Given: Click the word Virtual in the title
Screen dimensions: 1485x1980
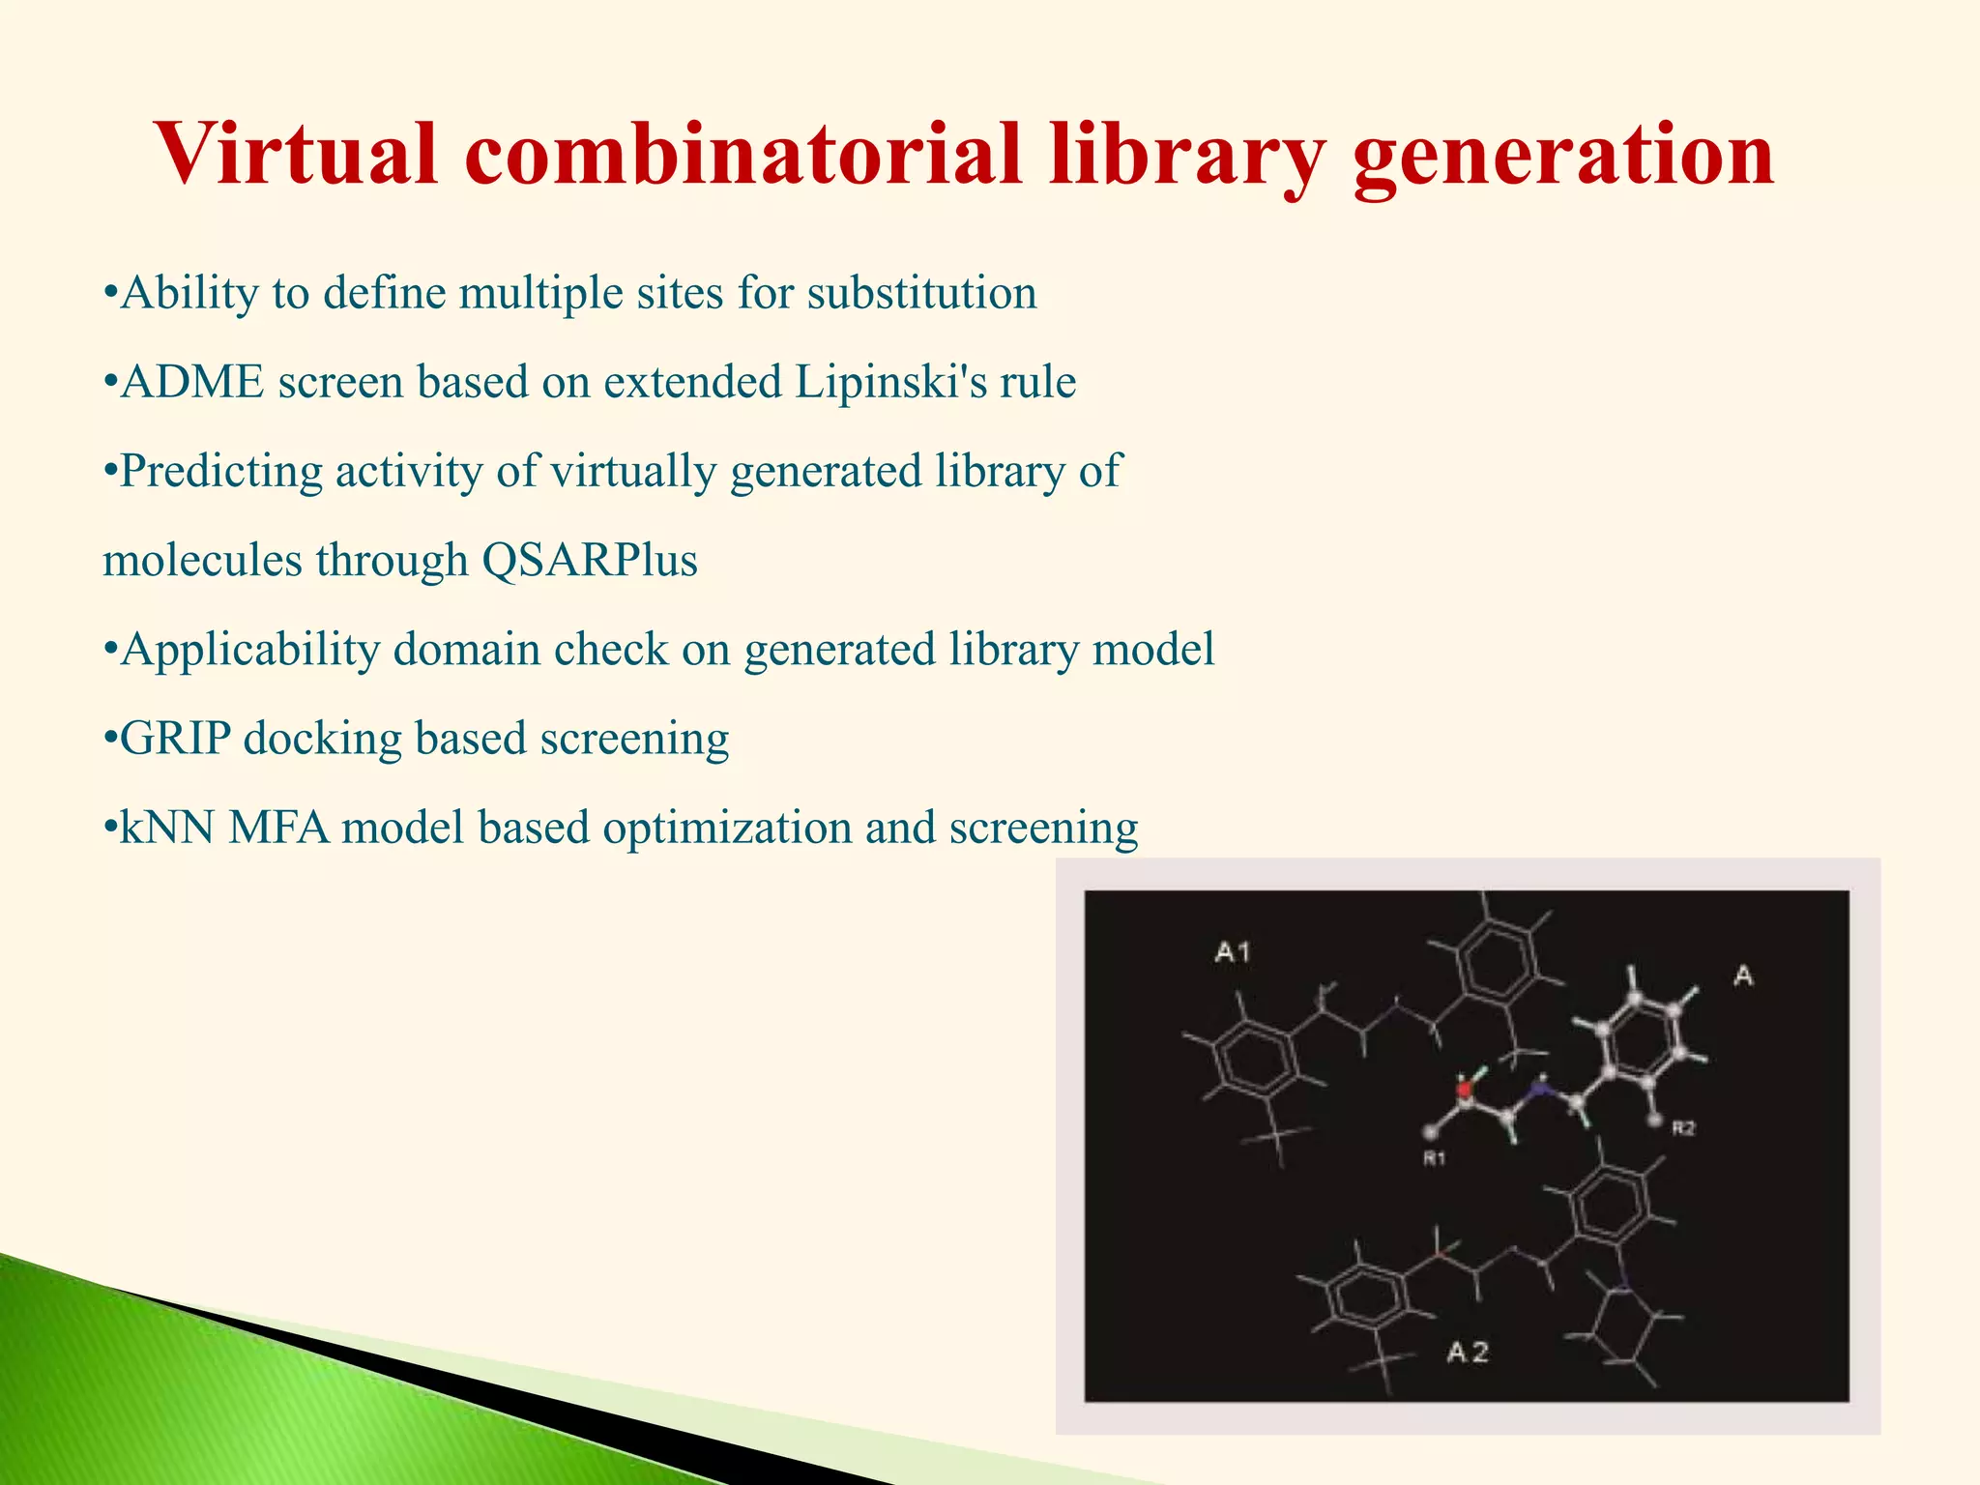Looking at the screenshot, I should click(x=296, y=155).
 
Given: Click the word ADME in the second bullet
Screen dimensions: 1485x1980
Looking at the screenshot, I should click(x=192, y=382).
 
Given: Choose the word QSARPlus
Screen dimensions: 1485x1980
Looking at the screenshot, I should click(x=589, y=561).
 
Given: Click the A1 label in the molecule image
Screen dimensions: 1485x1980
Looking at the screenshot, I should click(x=1233, y=952).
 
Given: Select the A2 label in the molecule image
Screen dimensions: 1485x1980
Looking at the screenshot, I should click(x=1468, y=1352).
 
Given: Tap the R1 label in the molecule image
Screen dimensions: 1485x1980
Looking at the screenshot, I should click(x=1434, y=1157).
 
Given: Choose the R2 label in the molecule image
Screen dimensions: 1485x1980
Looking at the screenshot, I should click(x=1683, y=1127).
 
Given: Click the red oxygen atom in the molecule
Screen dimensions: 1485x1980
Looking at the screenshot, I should click(x=1464, y=1090).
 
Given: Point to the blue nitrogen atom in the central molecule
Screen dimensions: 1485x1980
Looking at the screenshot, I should click(x=1535, y=1091).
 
